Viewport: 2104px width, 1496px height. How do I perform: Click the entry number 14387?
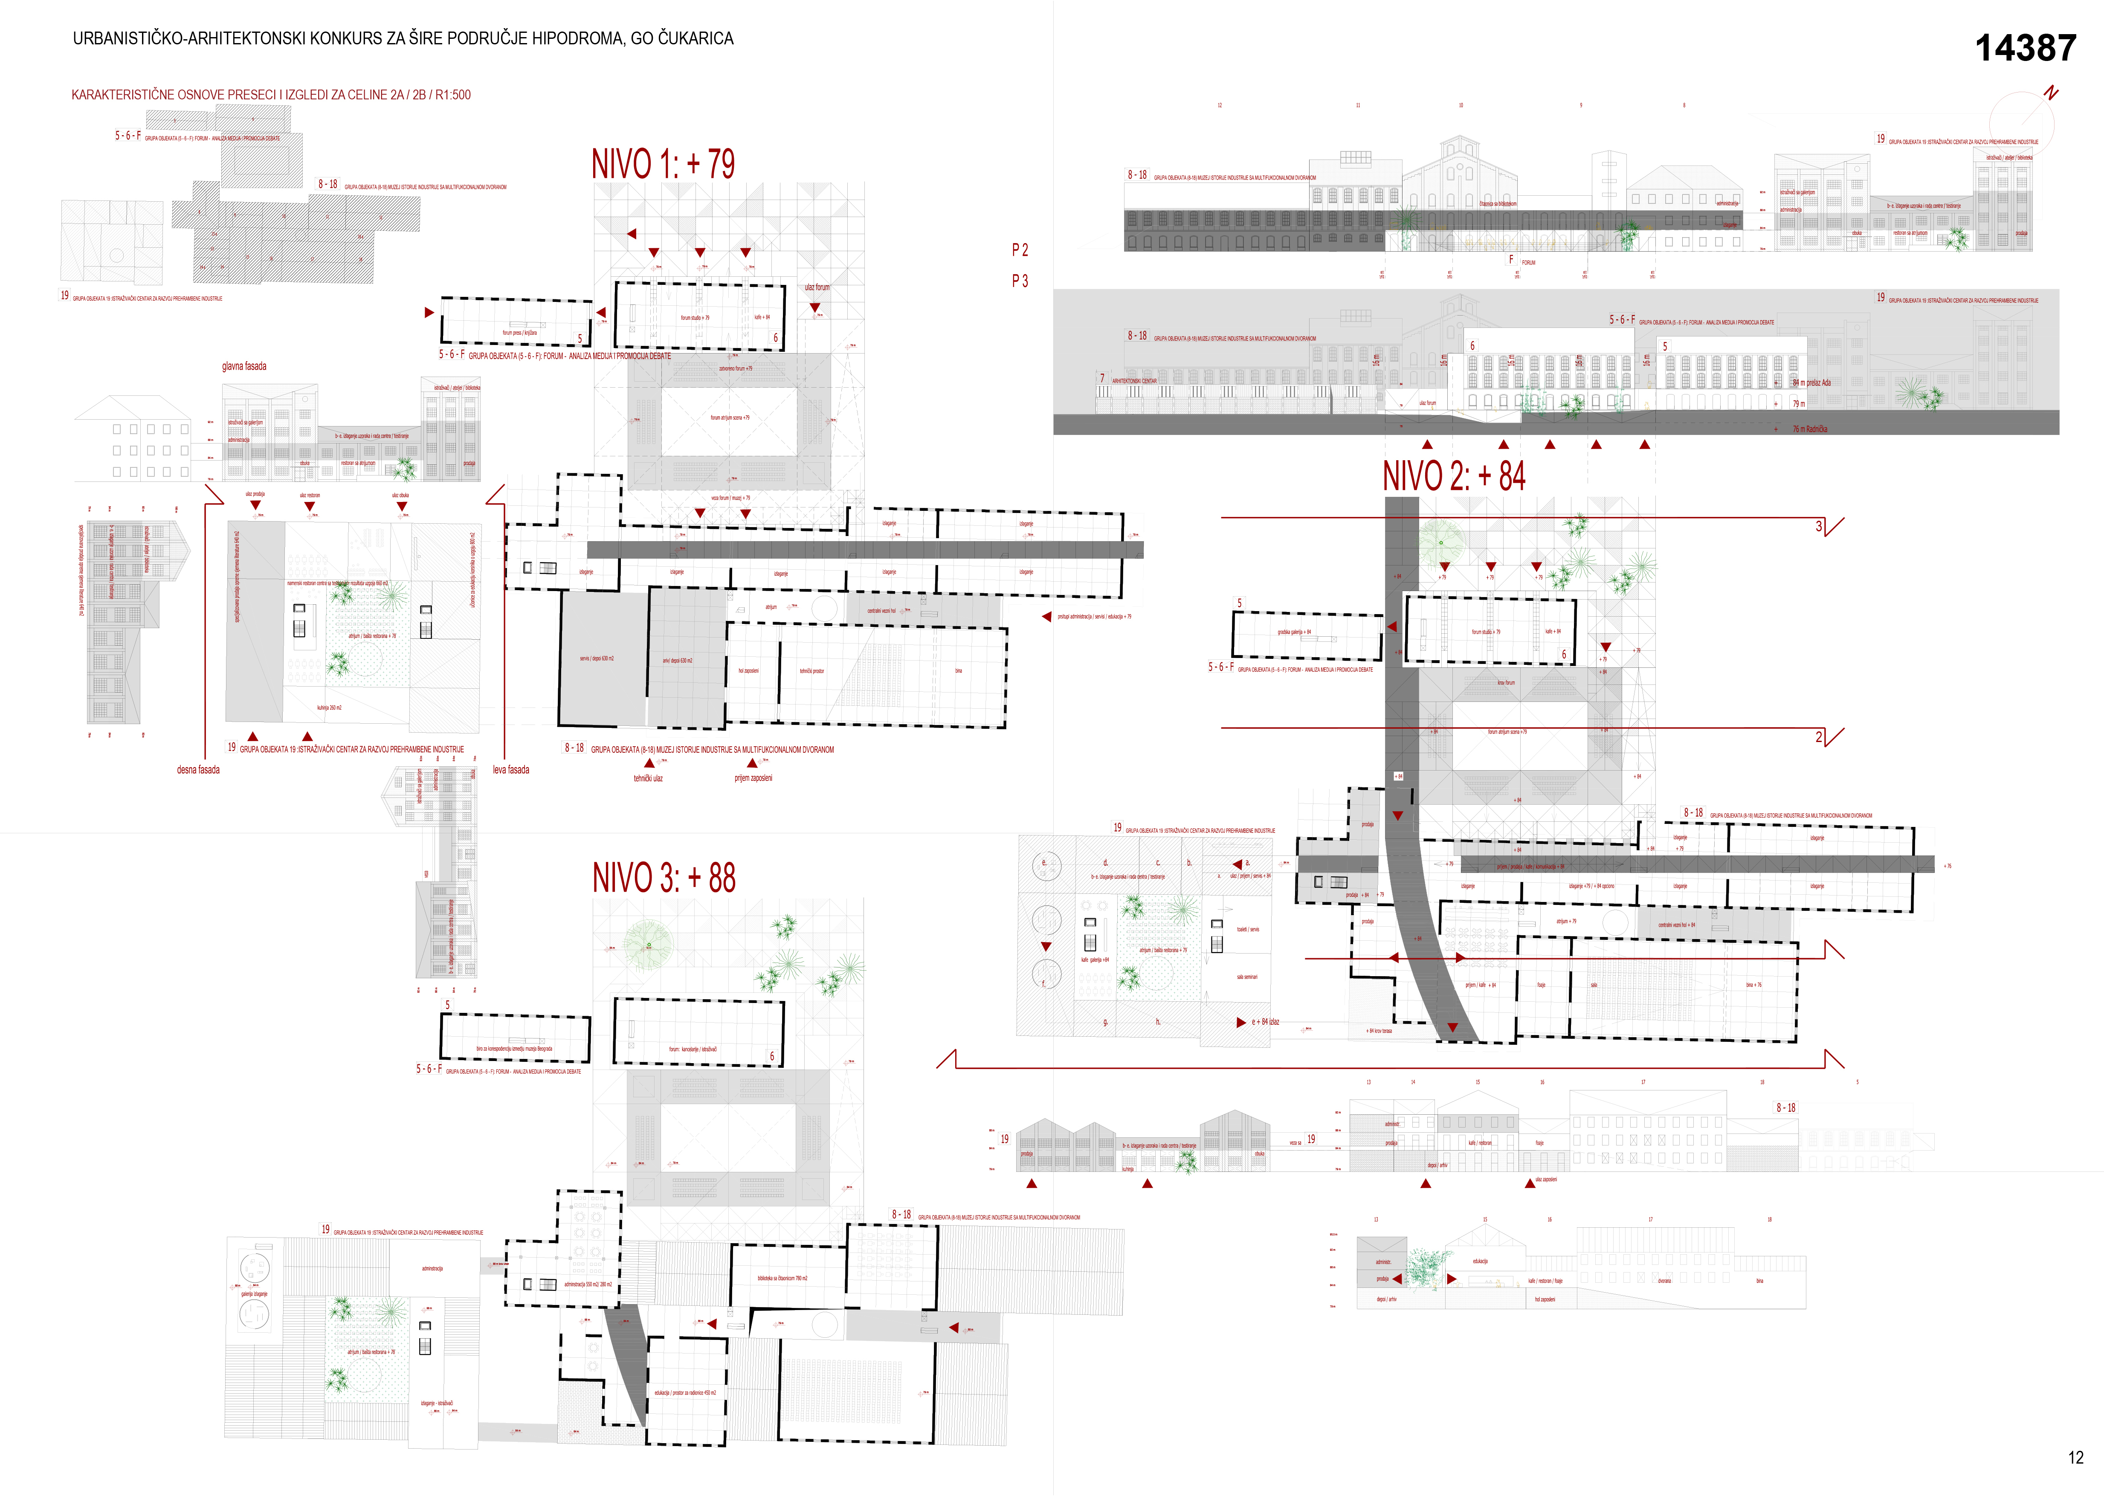pyautogui.click(x=2025, y=48)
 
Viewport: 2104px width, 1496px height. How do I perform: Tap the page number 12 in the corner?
pyautogui.click(x=2075, y=1457)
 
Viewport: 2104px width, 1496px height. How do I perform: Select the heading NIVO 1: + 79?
pyautogui.click(x=663, y=164)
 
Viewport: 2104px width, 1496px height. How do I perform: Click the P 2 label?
pyautogui.click(x=1020, y=249)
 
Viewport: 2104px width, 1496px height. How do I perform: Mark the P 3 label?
pyautogui.click(x=1020, y=281)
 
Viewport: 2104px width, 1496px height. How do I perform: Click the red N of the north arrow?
pyautogui.click(x=2051, y=93)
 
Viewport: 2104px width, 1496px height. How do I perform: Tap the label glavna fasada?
pyautogui.click(x=244, y=367)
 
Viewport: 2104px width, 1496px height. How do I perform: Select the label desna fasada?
pyautogui.click(x=198, y=770)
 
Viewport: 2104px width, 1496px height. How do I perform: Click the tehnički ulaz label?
pyautogui.click(x=648, y=778)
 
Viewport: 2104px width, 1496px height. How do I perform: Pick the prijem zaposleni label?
pyautogui.click(x=753, y=778)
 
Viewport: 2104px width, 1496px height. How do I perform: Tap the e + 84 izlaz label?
pyautogui.click(x=1265, y=1022)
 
